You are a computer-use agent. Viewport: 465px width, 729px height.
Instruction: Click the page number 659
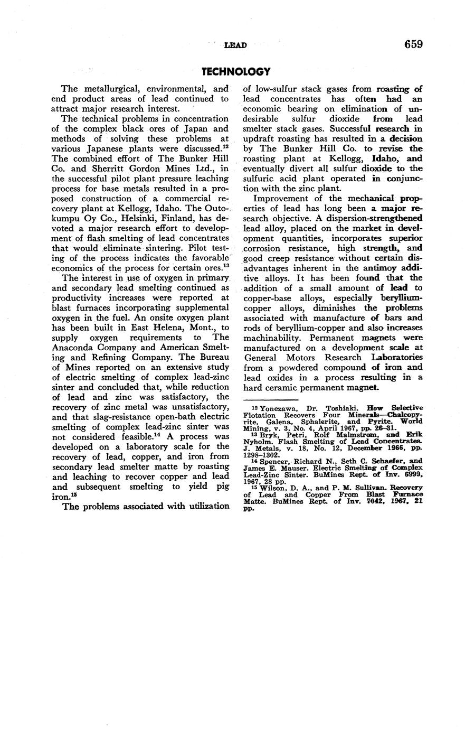tap(413, 44)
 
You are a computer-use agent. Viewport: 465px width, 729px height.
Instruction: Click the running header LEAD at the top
tap(235, 45)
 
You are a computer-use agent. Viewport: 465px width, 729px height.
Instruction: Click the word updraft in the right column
tap(260, 139)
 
